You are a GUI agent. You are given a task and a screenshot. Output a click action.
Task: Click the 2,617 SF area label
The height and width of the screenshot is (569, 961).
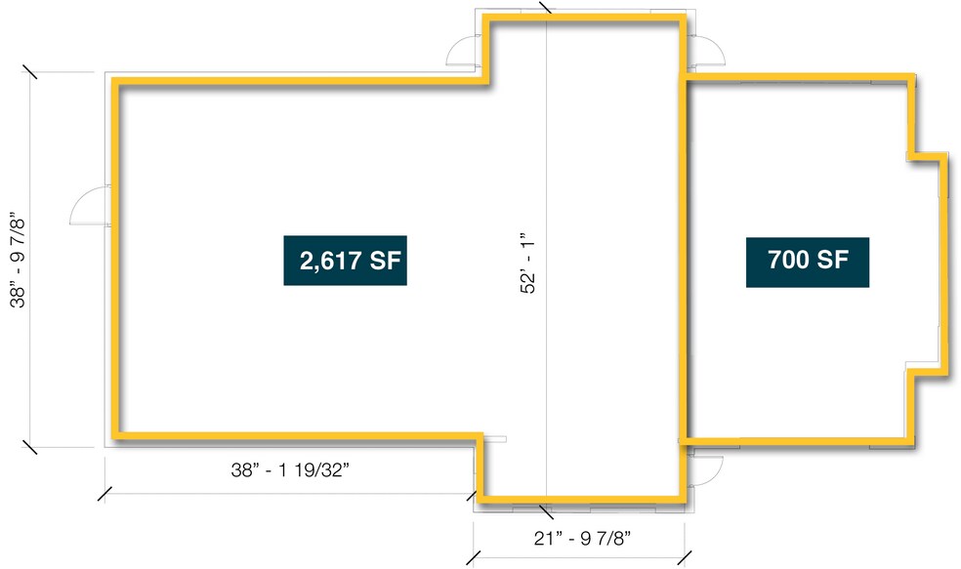[x=345, y=261]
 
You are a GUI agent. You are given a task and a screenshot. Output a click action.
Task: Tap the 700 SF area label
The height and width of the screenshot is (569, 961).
[x=807, y=263]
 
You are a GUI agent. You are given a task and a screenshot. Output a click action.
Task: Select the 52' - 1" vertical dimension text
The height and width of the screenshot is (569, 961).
[x=527, y=264]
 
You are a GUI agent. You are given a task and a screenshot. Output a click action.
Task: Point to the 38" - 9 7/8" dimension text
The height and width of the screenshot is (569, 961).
[x=18, y=260]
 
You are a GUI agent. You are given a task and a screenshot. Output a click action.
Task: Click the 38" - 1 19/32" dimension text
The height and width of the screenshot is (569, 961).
[x=290, y=469]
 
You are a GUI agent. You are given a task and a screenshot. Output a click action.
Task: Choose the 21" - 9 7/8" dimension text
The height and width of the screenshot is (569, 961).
[x=582, y=539]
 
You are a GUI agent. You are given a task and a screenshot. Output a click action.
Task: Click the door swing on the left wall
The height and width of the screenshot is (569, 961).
[x=90, y=206]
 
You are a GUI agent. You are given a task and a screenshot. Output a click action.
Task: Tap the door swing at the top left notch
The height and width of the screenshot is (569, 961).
[x=462, y=50]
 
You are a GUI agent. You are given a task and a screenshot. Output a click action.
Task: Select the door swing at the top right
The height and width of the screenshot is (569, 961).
[x=708, y=52]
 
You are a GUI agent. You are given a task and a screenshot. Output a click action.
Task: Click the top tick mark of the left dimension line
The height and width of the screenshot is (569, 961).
[x=29, y=71]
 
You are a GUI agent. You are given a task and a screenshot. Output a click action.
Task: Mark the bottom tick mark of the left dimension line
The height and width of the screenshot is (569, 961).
[x=29, y=447]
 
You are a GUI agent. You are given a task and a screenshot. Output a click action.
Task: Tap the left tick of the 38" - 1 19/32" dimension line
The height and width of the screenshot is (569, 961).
[x=104, y=494]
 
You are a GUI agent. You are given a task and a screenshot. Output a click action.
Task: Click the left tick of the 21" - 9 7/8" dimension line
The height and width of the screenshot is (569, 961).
[x=473, y=558]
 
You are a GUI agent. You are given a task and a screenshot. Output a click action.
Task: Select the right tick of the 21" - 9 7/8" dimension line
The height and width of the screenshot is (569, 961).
[x=685, y=558]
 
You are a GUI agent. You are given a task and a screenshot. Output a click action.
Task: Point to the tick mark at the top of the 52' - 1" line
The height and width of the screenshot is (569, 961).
[x=546, y=8]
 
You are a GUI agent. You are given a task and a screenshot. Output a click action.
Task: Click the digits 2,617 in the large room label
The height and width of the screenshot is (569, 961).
[x=330, y=261]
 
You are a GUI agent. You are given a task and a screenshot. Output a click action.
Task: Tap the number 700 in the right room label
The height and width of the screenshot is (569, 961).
[x=788, y=260]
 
